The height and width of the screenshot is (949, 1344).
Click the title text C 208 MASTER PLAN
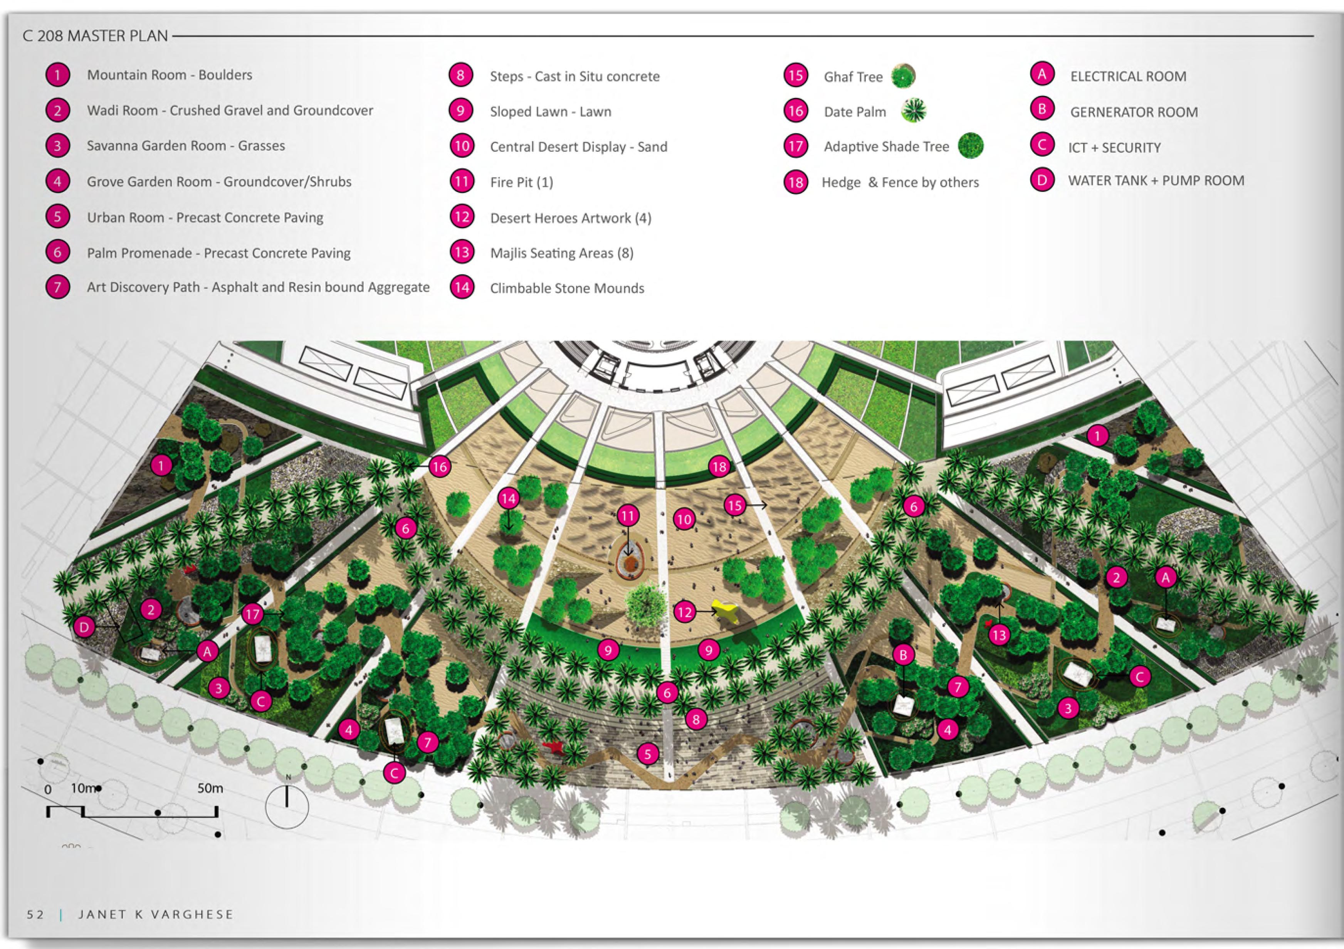coord(95,36)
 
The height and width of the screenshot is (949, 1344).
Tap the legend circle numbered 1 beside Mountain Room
coord(57,75)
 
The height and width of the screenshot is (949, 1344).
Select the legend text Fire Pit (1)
coord(521,182)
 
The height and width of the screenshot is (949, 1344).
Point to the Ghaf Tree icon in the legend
coord(903,76)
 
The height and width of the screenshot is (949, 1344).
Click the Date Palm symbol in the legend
coord(913,111)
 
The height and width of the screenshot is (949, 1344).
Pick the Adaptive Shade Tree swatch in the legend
coord(971,145)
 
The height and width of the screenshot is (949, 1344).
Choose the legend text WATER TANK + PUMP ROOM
coord(1156,180)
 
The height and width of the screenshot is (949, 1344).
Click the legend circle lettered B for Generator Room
coord(1042,109)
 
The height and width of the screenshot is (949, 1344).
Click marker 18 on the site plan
coord(719,466)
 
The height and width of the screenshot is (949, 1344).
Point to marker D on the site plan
coord(84,628)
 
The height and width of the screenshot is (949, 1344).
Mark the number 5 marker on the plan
coord(647,754)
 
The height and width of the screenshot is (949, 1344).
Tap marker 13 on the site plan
coord(999,634)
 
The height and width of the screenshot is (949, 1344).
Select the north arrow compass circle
coord(287,807)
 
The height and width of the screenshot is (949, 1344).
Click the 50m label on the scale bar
coord(210,788)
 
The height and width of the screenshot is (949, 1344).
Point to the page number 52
coord(35,914)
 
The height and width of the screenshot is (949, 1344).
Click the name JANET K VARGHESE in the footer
coord(156,914)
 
